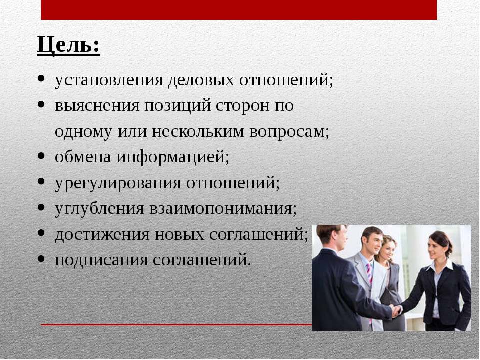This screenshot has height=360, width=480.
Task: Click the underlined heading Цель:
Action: pos(68,45)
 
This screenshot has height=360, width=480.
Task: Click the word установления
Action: pos(109,80)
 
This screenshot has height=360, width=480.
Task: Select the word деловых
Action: pos(201,80)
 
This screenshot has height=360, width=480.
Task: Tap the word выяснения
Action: pos(97,106)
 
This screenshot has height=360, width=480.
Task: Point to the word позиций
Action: pos(178,106)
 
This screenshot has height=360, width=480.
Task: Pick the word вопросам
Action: pos(289,132)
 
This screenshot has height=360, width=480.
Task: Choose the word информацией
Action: pos(173,157)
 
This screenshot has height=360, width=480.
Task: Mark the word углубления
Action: pos(99,209)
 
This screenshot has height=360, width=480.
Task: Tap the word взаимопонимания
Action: pos(223,209)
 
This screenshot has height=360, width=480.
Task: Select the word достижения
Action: pos(102,235)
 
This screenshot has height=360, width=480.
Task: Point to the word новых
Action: pos(179,235)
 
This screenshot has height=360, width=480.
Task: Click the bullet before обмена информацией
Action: pos(41,156)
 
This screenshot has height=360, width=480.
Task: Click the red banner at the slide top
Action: pos(239,10)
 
